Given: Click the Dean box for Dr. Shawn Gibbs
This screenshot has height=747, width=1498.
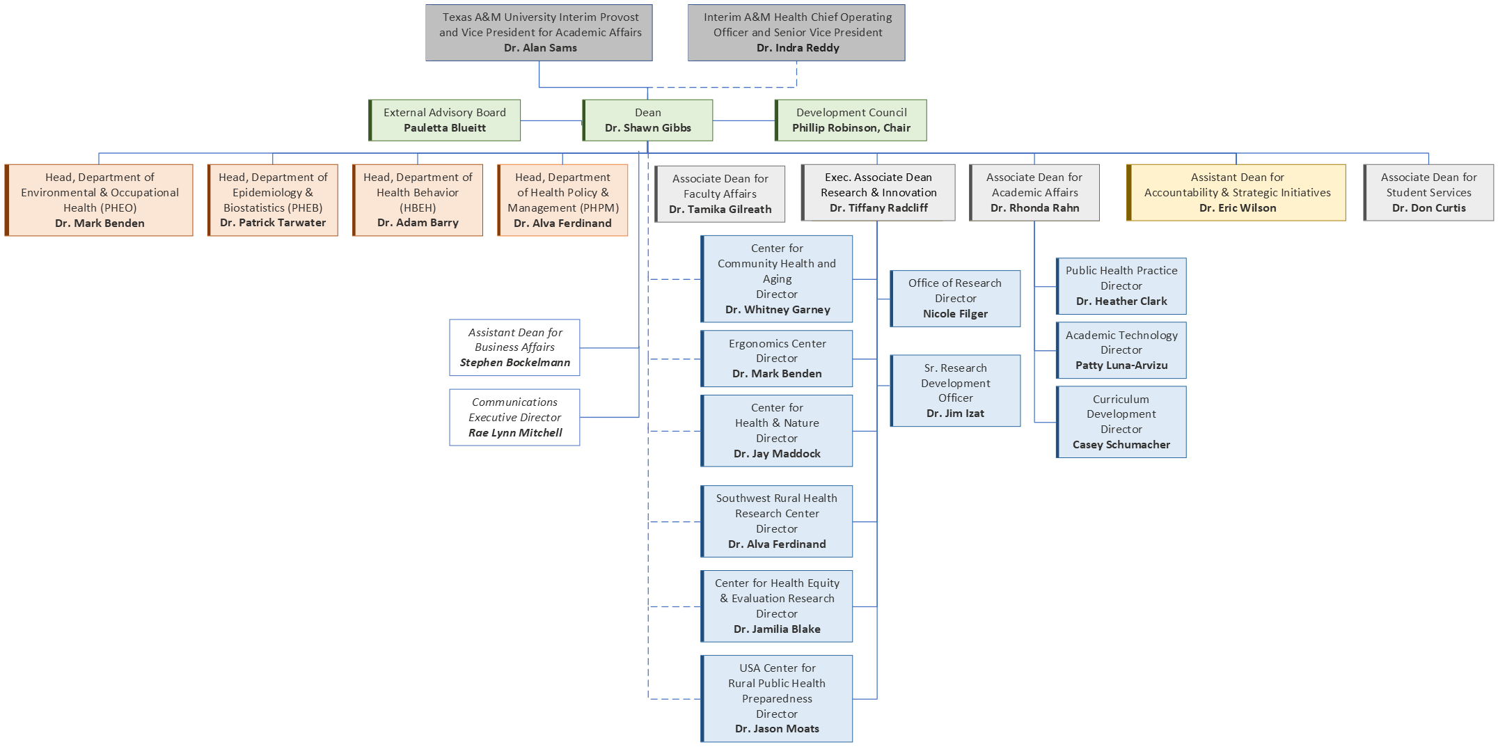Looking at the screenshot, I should coord(647,120).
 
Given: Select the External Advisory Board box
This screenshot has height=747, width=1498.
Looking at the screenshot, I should coord(445,120).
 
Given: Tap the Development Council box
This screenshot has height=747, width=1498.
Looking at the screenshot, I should coord(851,120).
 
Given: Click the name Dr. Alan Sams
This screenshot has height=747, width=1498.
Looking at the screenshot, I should coord(540,48).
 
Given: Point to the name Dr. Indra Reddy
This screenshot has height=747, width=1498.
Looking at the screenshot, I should coord(798,48).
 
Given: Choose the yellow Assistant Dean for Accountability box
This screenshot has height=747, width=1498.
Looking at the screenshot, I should coord(1236,193).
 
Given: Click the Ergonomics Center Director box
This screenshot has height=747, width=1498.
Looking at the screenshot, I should coord(777,359).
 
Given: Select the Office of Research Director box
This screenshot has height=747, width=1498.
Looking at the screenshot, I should coord(955,299).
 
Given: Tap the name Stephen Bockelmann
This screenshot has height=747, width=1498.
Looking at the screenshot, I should coord(514,363).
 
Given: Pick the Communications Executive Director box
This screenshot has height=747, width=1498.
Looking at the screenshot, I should coord(514,417).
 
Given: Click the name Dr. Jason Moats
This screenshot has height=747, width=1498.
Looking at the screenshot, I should coord(777,729).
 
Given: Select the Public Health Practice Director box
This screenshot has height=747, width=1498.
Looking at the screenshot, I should coord(1121,286).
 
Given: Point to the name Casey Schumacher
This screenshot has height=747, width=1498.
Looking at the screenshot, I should coord(1121,445).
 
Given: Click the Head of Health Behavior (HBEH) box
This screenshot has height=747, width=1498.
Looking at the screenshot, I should coord(418,200).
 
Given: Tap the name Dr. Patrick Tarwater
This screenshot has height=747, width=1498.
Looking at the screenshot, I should coord(273,223).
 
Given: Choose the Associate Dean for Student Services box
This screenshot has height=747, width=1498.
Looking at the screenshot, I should coord(1428,193).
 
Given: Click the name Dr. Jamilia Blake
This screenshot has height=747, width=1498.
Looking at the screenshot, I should coord(777,629).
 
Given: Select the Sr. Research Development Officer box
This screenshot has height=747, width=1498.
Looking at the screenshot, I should coord(955,391).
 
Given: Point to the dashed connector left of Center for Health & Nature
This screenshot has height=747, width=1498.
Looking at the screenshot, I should coord(674,431).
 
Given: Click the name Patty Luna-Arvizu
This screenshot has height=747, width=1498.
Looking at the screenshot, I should coord(1121,365).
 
